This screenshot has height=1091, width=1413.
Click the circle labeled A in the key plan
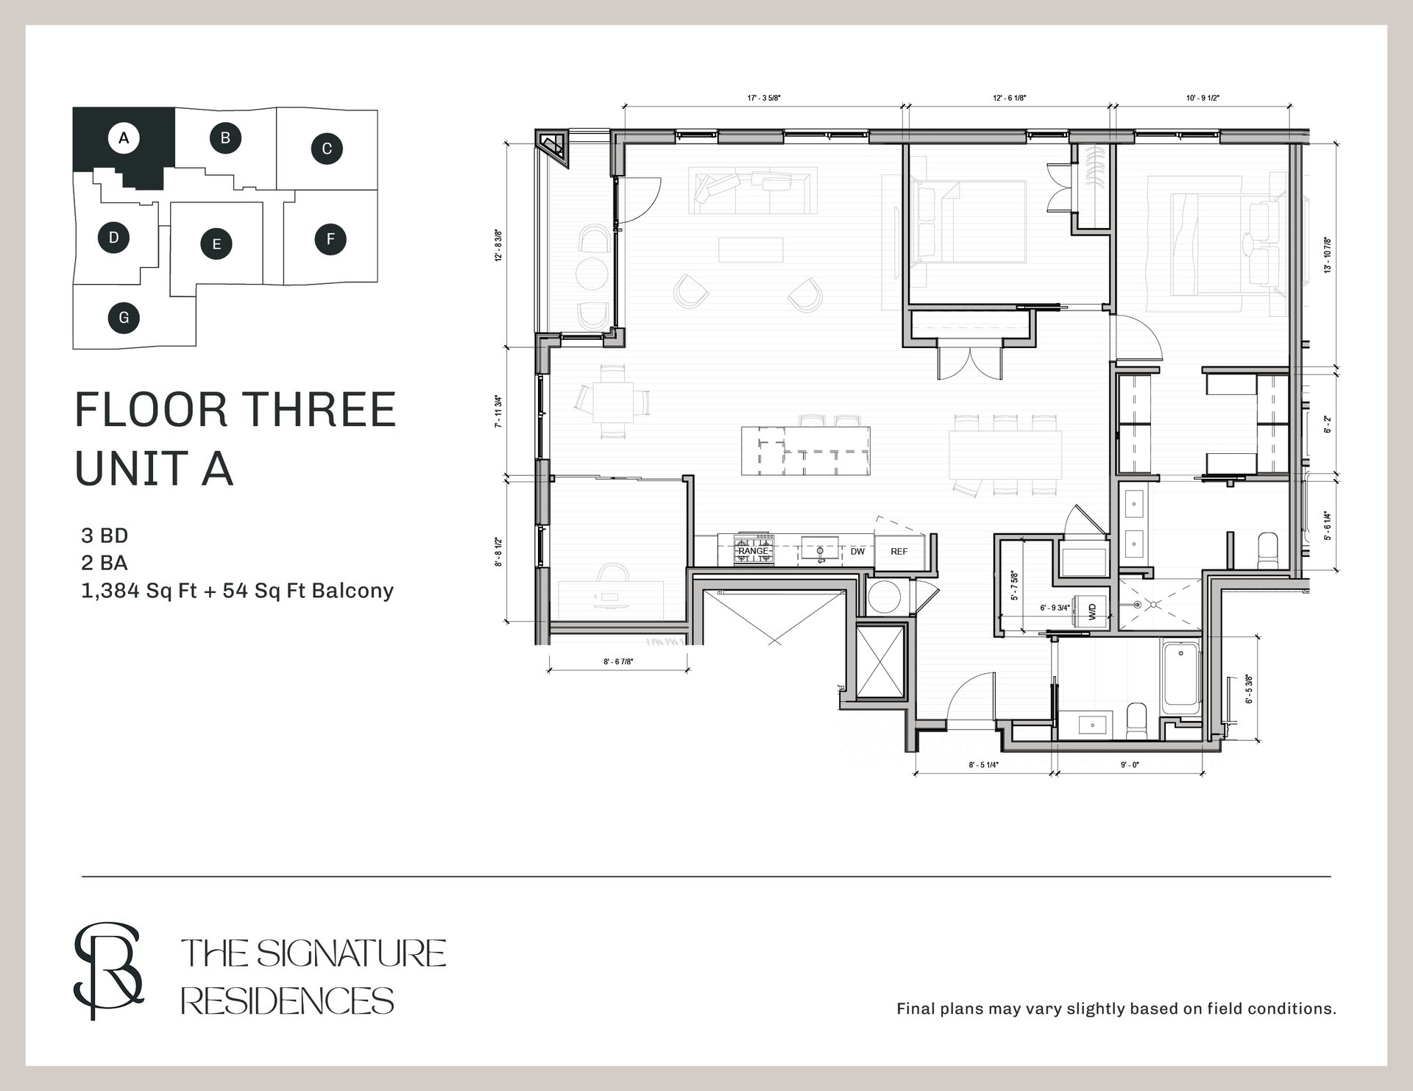pyautogui.click(x=124, y=138)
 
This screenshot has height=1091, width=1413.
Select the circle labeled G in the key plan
pyautogui.click(x=124, y=318)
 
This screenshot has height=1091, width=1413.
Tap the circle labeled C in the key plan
pyautogui.click(x=327, y=149)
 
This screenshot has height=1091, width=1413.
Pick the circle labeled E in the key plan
pyautogui.click(x=216, y=244)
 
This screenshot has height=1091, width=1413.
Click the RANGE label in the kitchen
pyautogui.click(x=753, y=551)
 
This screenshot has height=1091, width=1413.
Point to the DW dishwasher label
pyautogui.click(x=857, y=551)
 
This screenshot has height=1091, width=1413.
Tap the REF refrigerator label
pyautogui.click(x=899, y=551)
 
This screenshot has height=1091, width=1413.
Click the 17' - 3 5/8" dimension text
pyautogui.click(x=763, y=98)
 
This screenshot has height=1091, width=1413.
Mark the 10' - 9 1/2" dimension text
pyautogui.click(x=1203, y=98)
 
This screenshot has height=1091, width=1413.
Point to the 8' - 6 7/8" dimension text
pyautogui.click(x=618, y=661)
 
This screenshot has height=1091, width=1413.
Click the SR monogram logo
pyautogui.click(x=108, y=970)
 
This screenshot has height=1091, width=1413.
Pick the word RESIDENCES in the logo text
pyautogui.click(x=288, y=1001)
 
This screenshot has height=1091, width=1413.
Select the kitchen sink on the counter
pyautogui.click(x=820, y=549)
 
